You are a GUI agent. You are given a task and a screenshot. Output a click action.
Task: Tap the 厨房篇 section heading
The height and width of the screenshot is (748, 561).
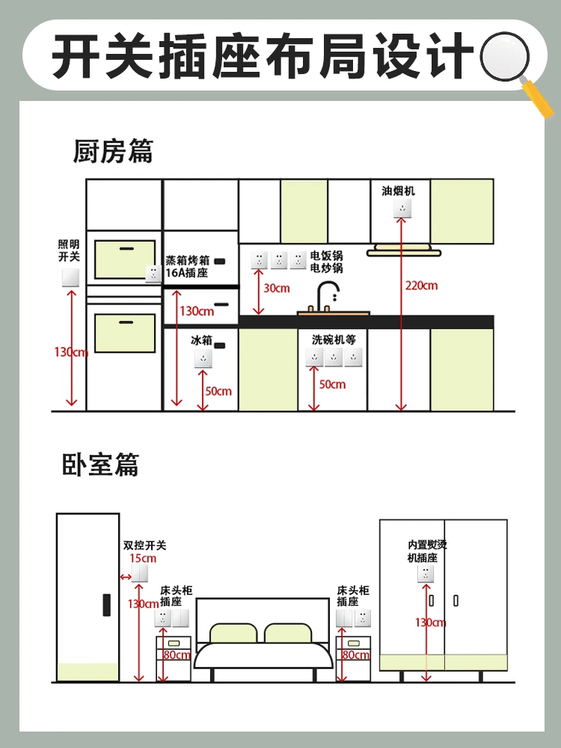(x=113, y=151)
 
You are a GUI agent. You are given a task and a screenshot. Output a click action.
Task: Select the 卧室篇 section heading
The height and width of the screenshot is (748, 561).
(x=101, y=465)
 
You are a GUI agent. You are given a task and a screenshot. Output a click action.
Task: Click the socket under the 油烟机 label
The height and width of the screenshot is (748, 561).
(x=402, y=209)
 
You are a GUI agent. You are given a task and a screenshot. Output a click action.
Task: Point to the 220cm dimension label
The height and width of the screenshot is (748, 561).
(x=422, y=286)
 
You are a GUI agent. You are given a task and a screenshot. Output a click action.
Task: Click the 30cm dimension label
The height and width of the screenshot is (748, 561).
(x=277, y=288)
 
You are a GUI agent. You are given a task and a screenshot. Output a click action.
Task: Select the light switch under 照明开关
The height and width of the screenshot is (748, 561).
(x=70, y=278)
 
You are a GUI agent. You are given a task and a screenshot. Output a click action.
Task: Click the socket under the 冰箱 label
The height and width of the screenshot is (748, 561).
(x=203, y=359)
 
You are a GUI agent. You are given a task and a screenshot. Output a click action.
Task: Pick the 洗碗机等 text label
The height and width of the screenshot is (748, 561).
(x=334, y=340)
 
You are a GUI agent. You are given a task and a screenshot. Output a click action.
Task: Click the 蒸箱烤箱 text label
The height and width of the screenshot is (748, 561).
(x=188, y=260)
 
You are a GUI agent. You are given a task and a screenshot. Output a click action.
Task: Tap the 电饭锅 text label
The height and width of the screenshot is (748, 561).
(x=326, y=256)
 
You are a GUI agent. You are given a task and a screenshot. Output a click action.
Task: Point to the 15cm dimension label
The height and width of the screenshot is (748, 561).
(x=143, y=558)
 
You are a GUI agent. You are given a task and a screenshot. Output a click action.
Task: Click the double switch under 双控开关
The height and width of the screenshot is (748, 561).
(x=139, y=574)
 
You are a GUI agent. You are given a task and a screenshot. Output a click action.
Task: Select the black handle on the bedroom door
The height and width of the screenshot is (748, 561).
(x=107, y=605)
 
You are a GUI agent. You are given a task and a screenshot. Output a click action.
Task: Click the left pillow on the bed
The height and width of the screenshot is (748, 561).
(x=233, y=633)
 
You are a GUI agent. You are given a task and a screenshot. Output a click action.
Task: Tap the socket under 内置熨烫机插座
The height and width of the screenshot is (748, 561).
(x=426, y=574)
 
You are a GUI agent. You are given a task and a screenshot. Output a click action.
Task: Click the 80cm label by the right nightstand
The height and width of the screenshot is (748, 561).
(x=356, y=655)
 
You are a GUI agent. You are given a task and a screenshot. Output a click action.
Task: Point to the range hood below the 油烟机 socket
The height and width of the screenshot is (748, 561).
(x=404, y=250)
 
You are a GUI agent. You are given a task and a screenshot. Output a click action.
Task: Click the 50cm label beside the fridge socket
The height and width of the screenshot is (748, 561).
(x=218, y=391)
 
